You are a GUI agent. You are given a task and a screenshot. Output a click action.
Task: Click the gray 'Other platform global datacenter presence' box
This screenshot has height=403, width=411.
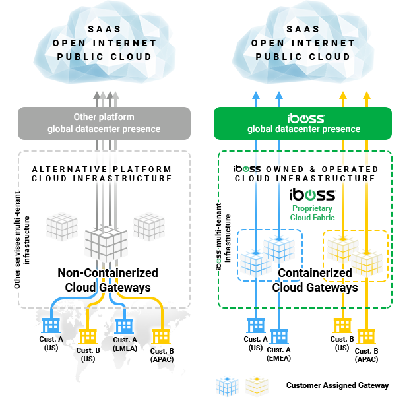(104, 123)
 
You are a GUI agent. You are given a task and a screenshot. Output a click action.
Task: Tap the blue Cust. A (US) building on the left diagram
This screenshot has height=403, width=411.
(50, 325)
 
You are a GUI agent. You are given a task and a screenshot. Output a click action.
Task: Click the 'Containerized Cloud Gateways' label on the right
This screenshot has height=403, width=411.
(315, 280)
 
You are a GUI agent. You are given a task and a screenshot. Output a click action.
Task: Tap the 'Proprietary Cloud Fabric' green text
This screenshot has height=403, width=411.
(313, 212)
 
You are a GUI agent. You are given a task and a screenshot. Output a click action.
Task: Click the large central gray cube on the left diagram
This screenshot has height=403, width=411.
(105, 242)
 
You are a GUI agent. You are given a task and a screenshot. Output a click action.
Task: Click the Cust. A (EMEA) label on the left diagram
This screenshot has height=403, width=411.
(125, 344)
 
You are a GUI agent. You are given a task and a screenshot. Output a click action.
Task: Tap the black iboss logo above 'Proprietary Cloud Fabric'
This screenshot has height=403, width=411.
(313, 194)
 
